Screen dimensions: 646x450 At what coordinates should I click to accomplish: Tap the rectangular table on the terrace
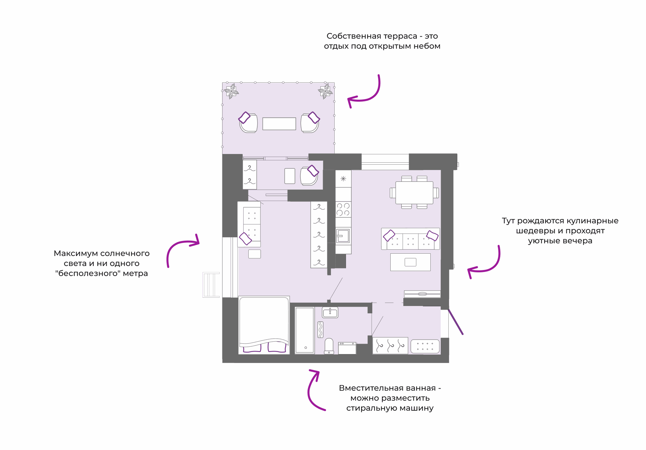point(279,124)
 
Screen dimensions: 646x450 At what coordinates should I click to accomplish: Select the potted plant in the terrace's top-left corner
point(231,91)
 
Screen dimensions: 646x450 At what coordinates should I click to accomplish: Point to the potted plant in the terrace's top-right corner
point(325,91)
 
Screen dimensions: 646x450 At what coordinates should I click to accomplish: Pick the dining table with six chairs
point(414,192)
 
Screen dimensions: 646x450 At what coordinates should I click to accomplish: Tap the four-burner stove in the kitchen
point(343,209)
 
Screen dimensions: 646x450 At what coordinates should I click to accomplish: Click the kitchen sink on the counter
point(343,236)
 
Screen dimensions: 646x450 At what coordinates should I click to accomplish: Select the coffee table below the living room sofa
point(410,262)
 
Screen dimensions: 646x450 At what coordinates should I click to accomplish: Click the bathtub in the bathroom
point(305,330)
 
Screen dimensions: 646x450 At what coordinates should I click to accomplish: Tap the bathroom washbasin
point(330,312)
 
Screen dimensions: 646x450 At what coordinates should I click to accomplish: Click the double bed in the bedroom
point(264,324)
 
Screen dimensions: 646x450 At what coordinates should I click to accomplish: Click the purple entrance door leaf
point(456,322)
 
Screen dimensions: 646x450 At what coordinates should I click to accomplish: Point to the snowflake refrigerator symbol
point(343,179)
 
